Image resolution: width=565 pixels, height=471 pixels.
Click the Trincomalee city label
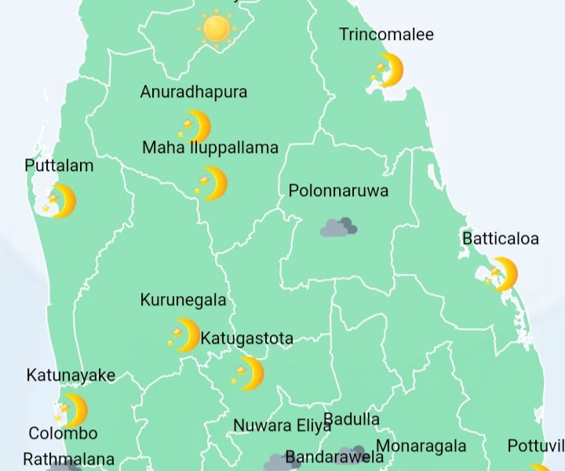click(386, 35)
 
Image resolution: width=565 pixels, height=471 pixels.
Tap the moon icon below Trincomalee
click(388, 70)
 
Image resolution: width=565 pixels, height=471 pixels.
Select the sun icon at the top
click(215, 29)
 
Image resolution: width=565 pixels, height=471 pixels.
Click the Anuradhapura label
click(194, 92)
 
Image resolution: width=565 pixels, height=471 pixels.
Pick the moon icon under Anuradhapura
click(195, 126)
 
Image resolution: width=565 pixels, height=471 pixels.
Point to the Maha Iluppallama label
click(210, 148)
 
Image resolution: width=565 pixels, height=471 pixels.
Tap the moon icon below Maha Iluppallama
click(211, 183)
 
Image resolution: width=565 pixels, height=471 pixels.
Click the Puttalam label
click(59, 166)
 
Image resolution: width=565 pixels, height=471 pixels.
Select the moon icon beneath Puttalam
click(60, 201)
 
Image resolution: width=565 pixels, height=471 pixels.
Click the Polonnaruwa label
click(338, 191)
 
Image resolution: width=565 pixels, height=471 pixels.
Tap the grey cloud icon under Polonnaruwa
click(338, 228)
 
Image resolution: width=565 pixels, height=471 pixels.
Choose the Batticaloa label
click(501, 239)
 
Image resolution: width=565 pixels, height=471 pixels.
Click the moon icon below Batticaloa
click(502, 274)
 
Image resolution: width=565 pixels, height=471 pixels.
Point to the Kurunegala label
click(183, 300)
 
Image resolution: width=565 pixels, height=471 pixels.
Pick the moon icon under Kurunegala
click(185, 334)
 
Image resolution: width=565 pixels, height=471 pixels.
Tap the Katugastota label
click(247, 338)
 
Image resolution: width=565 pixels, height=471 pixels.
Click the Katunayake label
click(71, 375)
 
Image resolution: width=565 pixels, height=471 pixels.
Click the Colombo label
click(63, 433)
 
